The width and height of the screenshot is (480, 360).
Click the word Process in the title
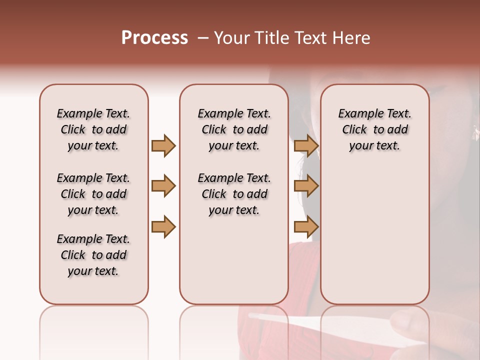pos(154,38)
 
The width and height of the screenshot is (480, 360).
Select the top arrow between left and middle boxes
pos(163,145)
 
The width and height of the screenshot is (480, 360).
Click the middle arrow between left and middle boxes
pos(163,186)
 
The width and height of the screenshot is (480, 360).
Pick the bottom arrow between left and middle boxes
pos(163,226)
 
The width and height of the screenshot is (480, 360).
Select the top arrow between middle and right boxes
pos(306,145)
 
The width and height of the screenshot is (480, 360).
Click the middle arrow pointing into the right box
pos(306,186)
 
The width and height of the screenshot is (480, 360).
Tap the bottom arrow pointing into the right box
pos(306,226)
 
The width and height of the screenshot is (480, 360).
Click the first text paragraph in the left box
pos(93,129)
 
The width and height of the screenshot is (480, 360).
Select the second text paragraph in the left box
pos(93,194)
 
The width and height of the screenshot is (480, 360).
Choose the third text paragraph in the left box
pos(93,255)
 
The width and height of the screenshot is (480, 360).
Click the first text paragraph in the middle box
pos(234,129)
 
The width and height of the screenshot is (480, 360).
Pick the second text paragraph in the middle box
pos(234,194)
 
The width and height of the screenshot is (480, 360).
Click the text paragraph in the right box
pos(374,129)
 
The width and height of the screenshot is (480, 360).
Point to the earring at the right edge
pos(476,132)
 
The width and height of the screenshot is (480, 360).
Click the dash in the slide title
pos(202,38)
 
